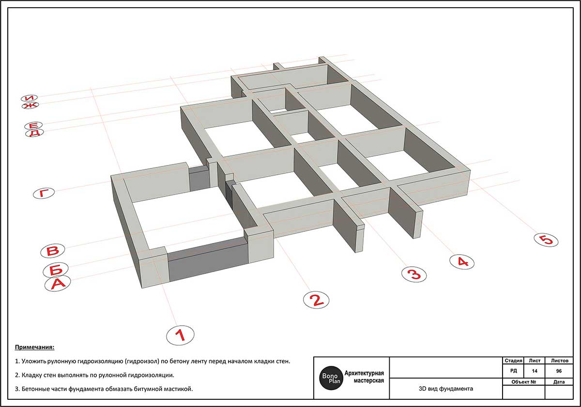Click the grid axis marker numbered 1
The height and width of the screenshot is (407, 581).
(x=180, y=335)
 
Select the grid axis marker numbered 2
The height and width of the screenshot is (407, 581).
(x=316, y=300)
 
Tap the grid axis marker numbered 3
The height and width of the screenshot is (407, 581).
(x=413, y=274)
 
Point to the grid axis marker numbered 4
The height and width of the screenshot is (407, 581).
(x=462, y=262)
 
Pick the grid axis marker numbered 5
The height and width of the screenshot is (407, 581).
(x=546, y=240)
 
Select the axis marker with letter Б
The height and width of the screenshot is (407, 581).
(x=56, y=270)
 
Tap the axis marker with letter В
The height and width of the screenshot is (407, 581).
(x=53, y=251)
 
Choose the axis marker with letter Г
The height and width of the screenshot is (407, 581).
(x=44, y=193)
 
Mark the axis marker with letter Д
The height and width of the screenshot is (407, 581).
(x=34, y=133)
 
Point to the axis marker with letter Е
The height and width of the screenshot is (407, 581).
(x=33, y=126)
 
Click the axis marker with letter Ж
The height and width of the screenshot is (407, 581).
(x=30, y=105)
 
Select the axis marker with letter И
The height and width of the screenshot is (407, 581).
(x=30, y=98)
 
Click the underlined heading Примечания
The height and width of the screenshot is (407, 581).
(x=34, y=347)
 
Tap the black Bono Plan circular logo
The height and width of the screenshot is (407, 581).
(x=331, y=378)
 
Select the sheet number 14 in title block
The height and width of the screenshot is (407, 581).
(x=535, y=371)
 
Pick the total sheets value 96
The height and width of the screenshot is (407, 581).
(x=559, y=371)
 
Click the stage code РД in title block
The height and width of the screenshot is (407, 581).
(x=514, y=371)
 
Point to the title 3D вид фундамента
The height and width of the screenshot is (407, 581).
(x=446, y=389)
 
